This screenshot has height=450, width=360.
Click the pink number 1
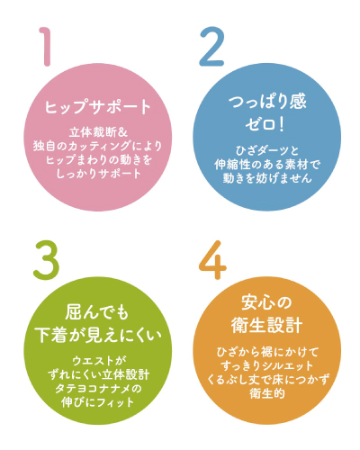(46, 47)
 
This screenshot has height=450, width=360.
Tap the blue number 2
(211, 47)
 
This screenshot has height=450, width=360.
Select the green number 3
(46, 260)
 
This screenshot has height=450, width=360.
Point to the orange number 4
(212, 260)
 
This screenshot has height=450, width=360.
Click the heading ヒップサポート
(98, 107)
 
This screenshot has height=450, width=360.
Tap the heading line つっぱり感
(267, 102)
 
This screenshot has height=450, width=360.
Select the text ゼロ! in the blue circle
(265, 123)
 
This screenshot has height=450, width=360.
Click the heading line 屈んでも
(97, 312)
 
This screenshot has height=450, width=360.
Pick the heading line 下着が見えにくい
(98, 335)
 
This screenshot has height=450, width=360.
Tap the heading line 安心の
(266, 302)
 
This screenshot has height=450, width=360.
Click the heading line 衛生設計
(266, 325)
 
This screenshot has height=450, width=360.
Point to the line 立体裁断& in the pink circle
(99, 132)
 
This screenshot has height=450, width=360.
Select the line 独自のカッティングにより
(98, 146)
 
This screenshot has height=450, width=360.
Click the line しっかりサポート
(99, 174)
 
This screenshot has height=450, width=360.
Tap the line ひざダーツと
(267, 150)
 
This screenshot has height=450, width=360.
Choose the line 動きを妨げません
(267, 178)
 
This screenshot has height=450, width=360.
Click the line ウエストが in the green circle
(98, 361)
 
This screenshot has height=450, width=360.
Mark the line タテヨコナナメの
(98, 388)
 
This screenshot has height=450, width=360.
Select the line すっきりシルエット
(267, 365)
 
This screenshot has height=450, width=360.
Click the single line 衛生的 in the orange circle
(267, 393)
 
